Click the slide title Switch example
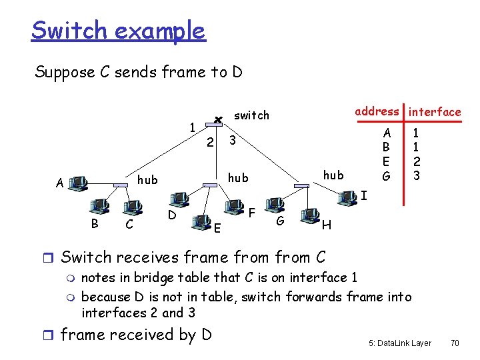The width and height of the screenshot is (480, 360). click(118, 31)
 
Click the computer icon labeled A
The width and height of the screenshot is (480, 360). click(79, 182)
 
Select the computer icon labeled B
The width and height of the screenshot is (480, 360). click(101, 206)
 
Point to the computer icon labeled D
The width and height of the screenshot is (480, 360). click(179, 200)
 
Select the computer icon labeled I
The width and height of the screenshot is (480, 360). click(347, 196)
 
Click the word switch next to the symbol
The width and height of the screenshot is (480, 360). click(251, 115)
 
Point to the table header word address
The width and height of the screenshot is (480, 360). click(377, 111)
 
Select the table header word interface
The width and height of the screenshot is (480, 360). click(435, 112)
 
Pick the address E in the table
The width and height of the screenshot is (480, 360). click(385, 161)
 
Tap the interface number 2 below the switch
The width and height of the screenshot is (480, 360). click(209, 142)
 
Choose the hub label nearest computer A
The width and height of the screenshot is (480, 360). click(147, 179)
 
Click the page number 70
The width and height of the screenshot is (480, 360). click(455, 343)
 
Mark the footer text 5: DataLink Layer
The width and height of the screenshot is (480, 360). click(400, 343)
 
